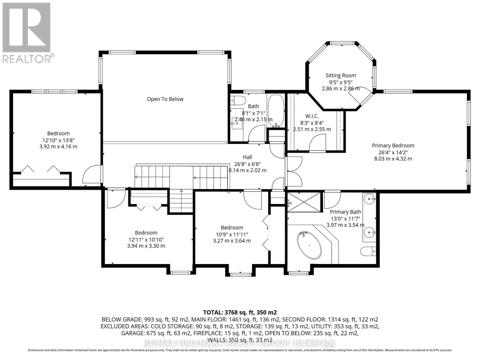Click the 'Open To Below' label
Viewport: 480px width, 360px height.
(x=165, y=99)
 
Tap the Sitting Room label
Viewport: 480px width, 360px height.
(x=341, y=76)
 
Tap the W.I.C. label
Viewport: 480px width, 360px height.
(x=312, y=116)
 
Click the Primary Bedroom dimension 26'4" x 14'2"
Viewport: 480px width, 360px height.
(x=393, y=152)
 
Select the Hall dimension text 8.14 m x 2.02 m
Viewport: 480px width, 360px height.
(x=247, y=170)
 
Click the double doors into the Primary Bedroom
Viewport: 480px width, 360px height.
(x=294, y=172)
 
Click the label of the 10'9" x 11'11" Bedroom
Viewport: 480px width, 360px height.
(x=232, y=228)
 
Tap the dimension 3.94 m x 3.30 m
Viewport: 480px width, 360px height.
(x=146, y=246)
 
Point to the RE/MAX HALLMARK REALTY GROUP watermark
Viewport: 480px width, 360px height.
(x=240, y=343)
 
